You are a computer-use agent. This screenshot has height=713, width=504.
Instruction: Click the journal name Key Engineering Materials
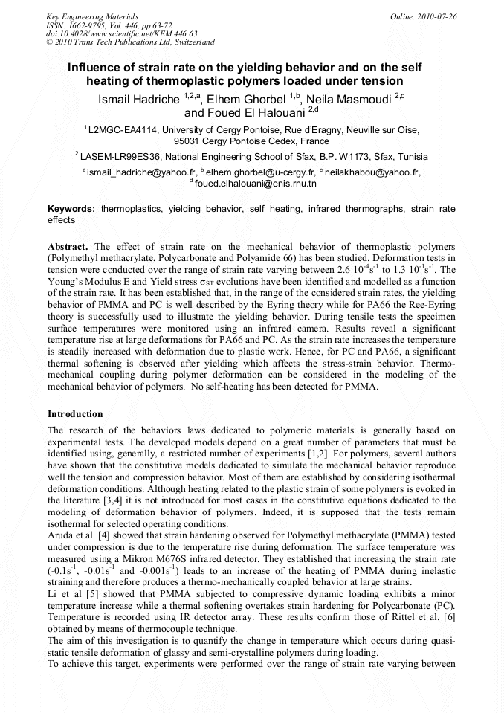click(x=91, y=16)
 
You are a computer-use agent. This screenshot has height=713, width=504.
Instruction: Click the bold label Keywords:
click(x=71, y=210)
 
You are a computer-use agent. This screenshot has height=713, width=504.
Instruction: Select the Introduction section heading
click(x=75, y=413)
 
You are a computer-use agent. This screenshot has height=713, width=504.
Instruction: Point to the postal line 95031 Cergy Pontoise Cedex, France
click(x=251, y=141)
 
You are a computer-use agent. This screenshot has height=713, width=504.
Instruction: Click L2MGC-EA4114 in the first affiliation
click(x=123, y=129)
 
